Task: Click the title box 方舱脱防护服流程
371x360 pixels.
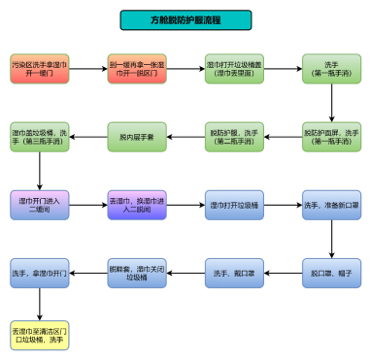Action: [185, 20]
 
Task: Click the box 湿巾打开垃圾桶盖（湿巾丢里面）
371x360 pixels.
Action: [233, 69]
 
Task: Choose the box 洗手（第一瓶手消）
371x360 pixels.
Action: [330, 69]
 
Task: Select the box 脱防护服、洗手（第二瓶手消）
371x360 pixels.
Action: [233, 137]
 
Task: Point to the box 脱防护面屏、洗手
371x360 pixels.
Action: [330, 137]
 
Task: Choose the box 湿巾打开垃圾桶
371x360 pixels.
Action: [233, 205]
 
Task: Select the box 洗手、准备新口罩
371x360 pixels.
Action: [330, 205]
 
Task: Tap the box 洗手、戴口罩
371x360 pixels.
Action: [233, 274]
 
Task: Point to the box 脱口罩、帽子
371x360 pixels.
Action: [330, 274]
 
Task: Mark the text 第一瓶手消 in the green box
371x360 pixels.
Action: [330, 74]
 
